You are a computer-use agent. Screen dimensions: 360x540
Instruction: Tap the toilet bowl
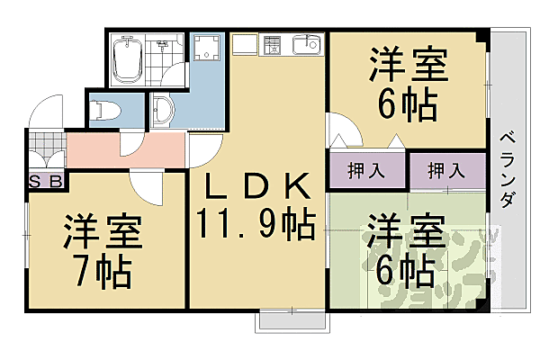(104, 107)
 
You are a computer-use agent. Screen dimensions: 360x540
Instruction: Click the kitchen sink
(306, 44)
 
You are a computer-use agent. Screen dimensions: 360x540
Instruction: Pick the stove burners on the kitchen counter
(273, 44)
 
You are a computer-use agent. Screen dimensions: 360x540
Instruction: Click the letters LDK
(256, 188)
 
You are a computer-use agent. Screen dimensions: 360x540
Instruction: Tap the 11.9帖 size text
(256, 221)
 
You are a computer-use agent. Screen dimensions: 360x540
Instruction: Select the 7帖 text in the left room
(101, 268)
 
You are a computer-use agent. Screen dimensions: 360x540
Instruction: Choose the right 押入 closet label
(445, 169)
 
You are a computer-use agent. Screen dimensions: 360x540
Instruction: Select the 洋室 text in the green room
(404, 230)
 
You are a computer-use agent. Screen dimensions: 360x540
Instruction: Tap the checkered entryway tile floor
(46, 141)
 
